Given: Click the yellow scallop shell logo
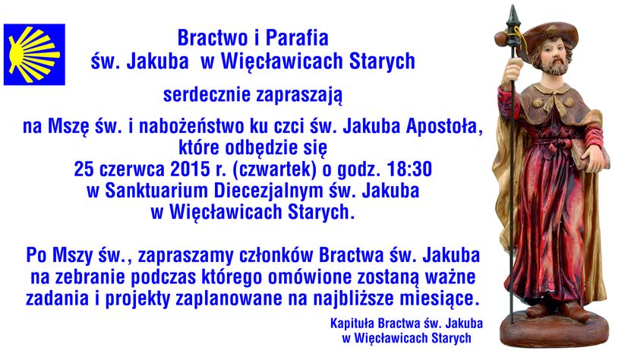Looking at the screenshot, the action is (x=34, y=54).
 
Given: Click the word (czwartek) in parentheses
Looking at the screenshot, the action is (x=275, y=170).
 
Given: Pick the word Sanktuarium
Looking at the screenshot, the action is (x=156, y=191).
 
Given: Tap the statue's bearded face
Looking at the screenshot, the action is (x=554, y=58).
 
